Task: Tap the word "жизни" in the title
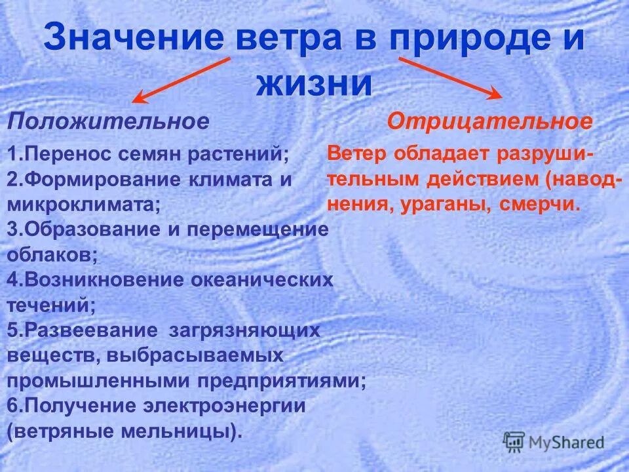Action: [x=314, y=84]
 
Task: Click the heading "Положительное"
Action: [x=109, y=121]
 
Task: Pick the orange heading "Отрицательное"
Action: [x=489, y=121]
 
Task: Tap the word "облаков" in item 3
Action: [x=51, y=254]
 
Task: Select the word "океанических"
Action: [x=261, y=280]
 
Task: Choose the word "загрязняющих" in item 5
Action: [x=244, y=330]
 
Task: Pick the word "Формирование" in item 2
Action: [x=92, y=180]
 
